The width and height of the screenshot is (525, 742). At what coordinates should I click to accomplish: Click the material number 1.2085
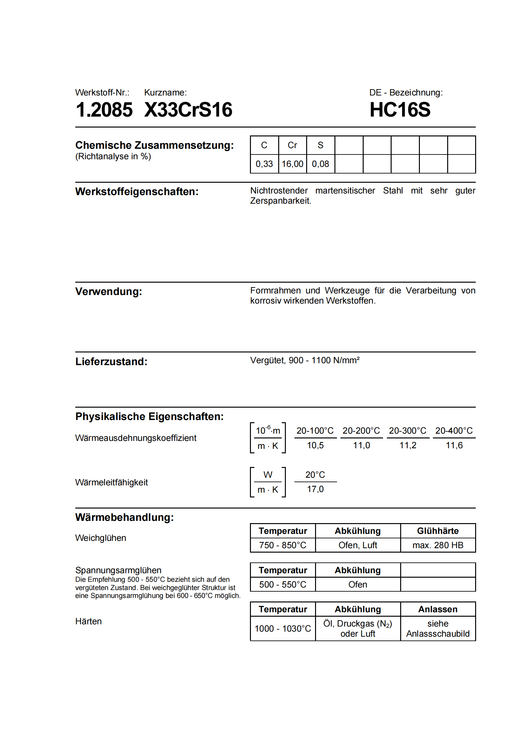point(104,109)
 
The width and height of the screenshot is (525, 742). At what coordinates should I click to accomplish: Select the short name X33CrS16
point(188,109)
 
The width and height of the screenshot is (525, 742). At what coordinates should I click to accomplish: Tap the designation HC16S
point(400,109)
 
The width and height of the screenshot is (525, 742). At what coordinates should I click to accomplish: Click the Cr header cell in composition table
point(292,145)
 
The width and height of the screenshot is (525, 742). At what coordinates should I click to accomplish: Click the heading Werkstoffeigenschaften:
point(137,191)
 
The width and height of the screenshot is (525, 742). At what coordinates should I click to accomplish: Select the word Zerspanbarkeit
point(280,201)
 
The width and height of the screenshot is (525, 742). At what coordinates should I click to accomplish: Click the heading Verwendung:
point(109,291)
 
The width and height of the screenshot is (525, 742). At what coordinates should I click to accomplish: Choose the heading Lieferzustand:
point(111,361)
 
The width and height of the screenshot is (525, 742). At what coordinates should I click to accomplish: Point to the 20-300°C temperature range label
point(407,430)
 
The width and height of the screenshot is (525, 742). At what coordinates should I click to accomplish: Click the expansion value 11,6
point(454,445)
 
